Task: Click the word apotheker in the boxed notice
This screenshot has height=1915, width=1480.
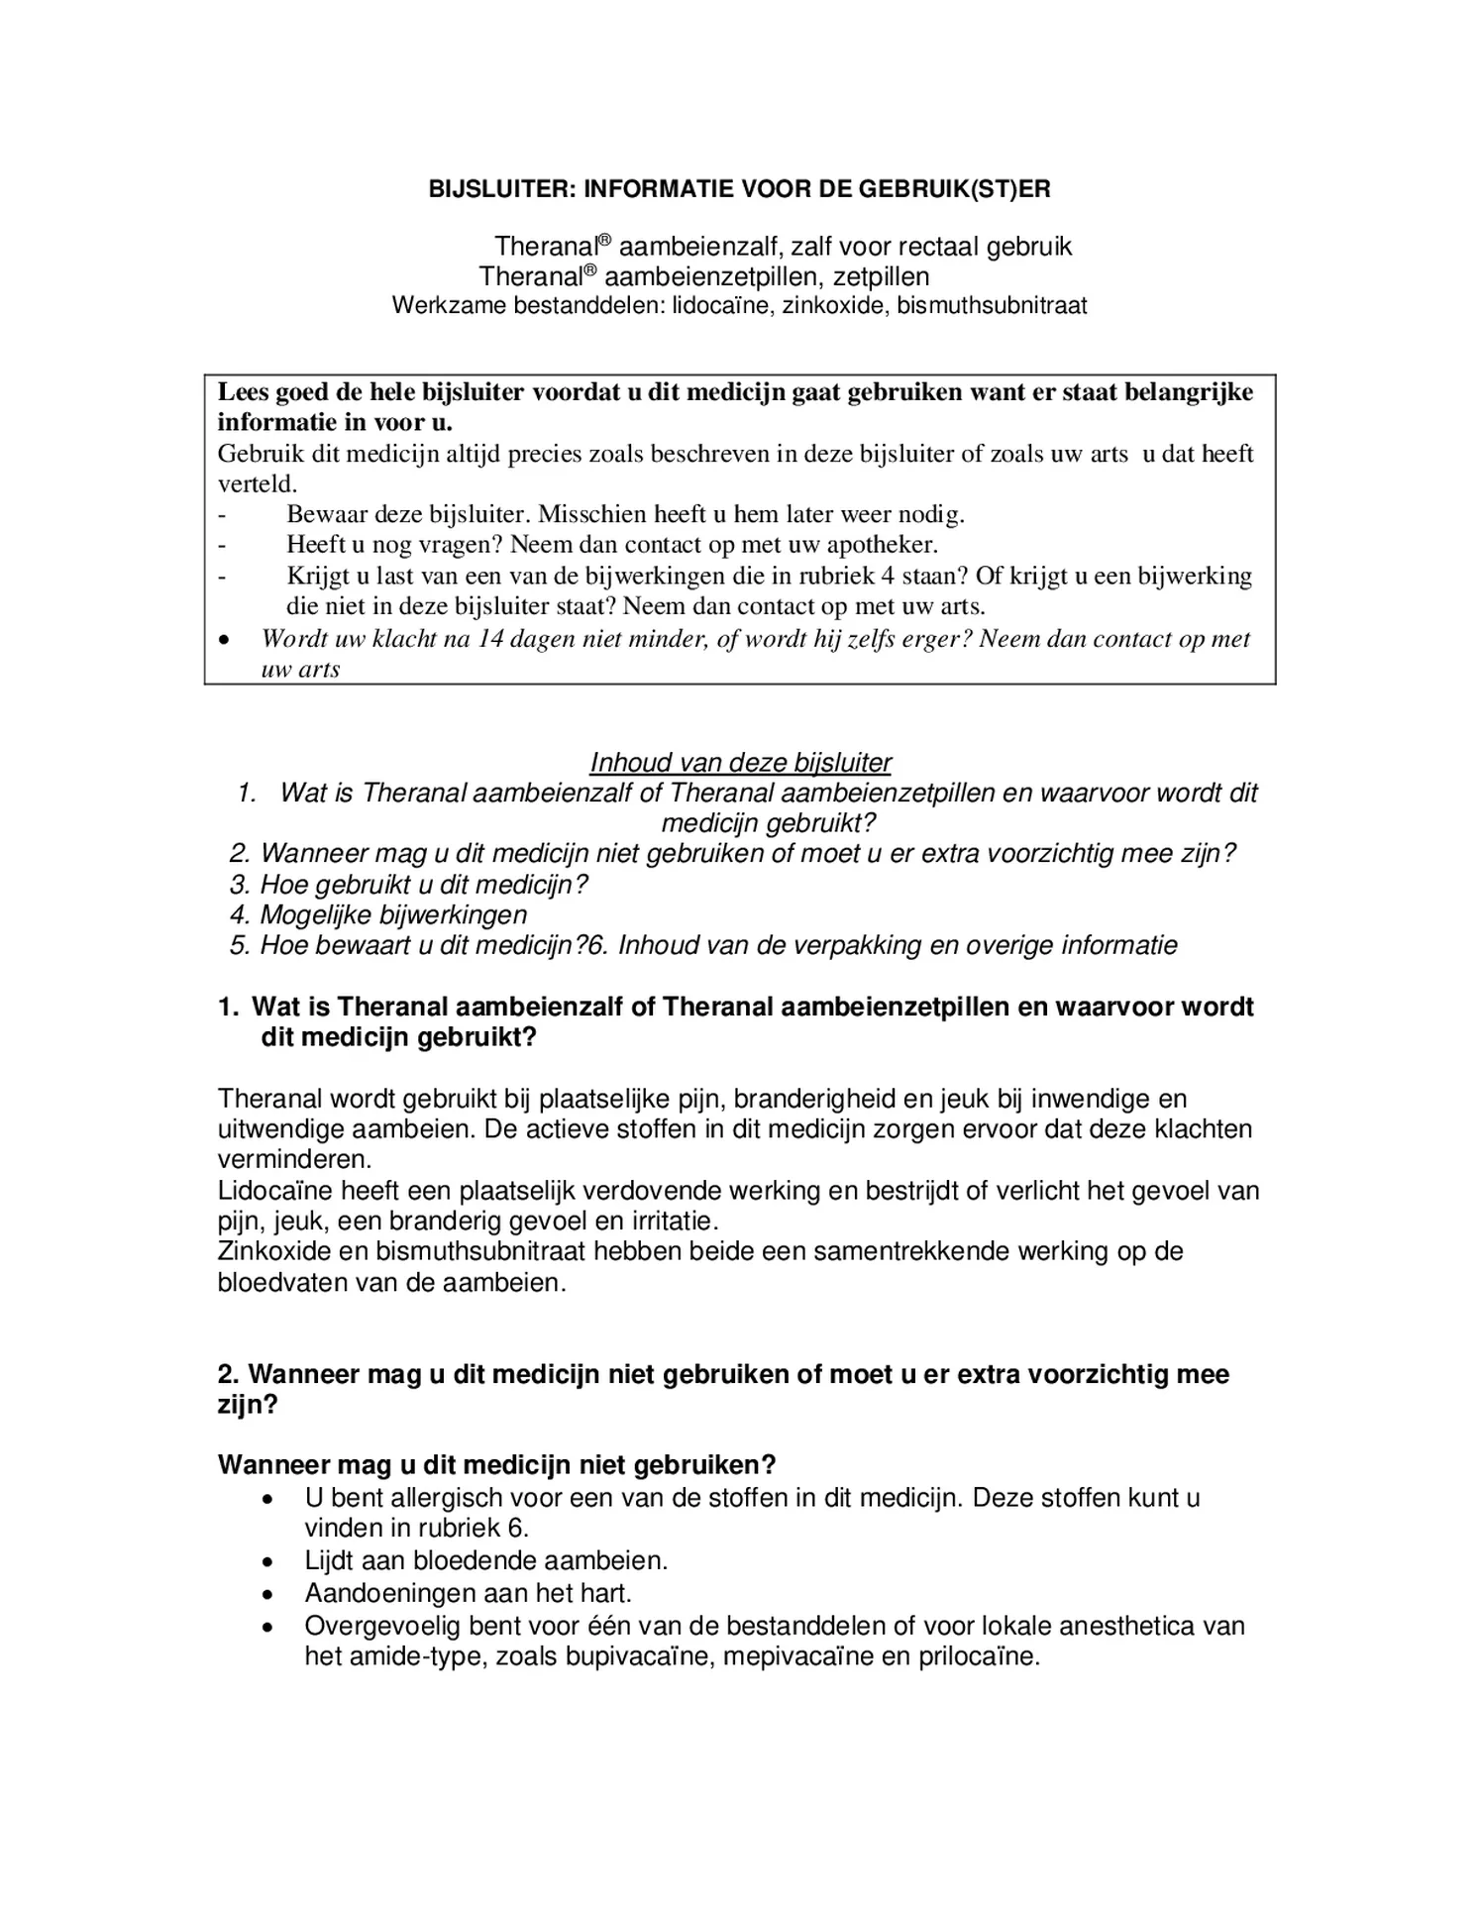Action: [881, 545]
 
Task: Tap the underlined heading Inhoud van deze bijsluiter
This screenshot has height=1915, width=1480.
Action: [740, 762]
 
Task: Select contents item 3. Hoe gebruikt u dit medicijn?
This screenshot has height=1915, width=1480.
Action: [409, 884]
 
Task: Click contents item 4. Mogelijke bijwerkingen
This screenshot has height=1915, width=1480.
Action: [378, 914]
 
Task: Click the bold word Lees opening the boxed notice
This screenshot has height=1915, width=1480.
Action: [244, 392]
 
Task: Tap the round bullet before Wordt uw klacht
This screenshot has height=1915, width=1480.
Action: [226, 640]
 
